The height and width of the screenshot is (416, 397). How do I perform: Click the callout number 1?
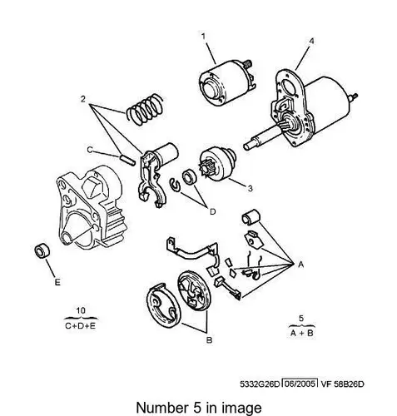(x=203, y=37)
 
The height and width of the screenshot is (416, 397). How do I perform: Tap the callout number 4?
(x=311, y=41)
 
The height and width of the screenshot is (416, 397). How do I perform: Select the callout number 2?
(x=83, y=99)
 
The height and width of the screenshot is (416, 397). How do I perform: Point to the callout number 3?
(x=250, y=188)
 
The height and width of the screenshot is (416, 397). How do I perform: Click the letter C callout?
(x=90, y=150)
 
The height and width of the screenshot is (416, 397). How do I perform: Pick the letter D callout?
(x=212, y=212)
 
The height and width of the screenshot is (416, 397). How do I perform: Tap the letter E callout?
(x=57, y=282)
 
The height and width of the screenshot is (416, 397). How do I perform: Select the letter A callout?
(x=301, y=265)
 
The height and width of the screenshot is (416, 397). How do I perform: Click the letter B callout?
(x=210, y=340)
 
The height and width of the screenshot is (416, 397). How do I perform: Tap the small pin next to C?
(x=128, y=160)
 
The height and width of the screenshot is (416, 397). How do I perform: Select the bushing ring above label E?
(x=42, y=250)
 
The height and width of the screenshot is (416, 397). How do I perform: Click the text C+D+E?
(x=81, y=325)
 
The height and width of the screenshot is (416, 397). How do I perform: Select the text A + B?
(x=301, y=333)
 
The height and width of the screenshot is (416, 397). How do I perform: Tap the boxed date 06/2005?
(x=300, y=384)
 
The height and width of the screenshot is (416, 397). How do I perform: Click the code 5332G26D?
(x=261, y=384)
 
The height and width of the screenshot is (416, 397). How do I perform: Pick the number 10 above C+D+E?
(x=81, y=310)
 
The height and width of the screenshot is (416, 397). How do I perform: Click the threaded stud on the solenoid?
(x=247, y=63)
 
